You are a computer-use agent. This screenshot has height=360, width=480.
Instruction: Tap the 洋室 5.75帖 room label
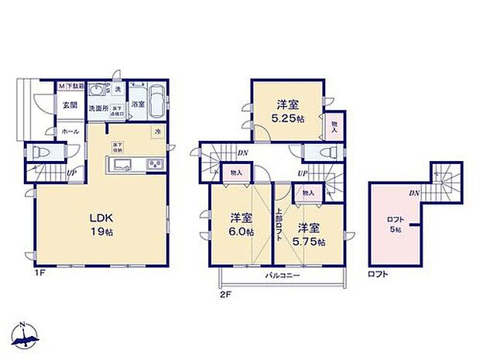(x=310, y=234)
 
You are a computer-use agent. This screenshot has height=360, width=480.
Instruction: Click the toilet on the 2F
(x=316, y=153)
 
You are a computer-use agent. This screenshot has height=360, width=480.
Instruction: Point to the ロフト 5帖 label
(x=395, y=225)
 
